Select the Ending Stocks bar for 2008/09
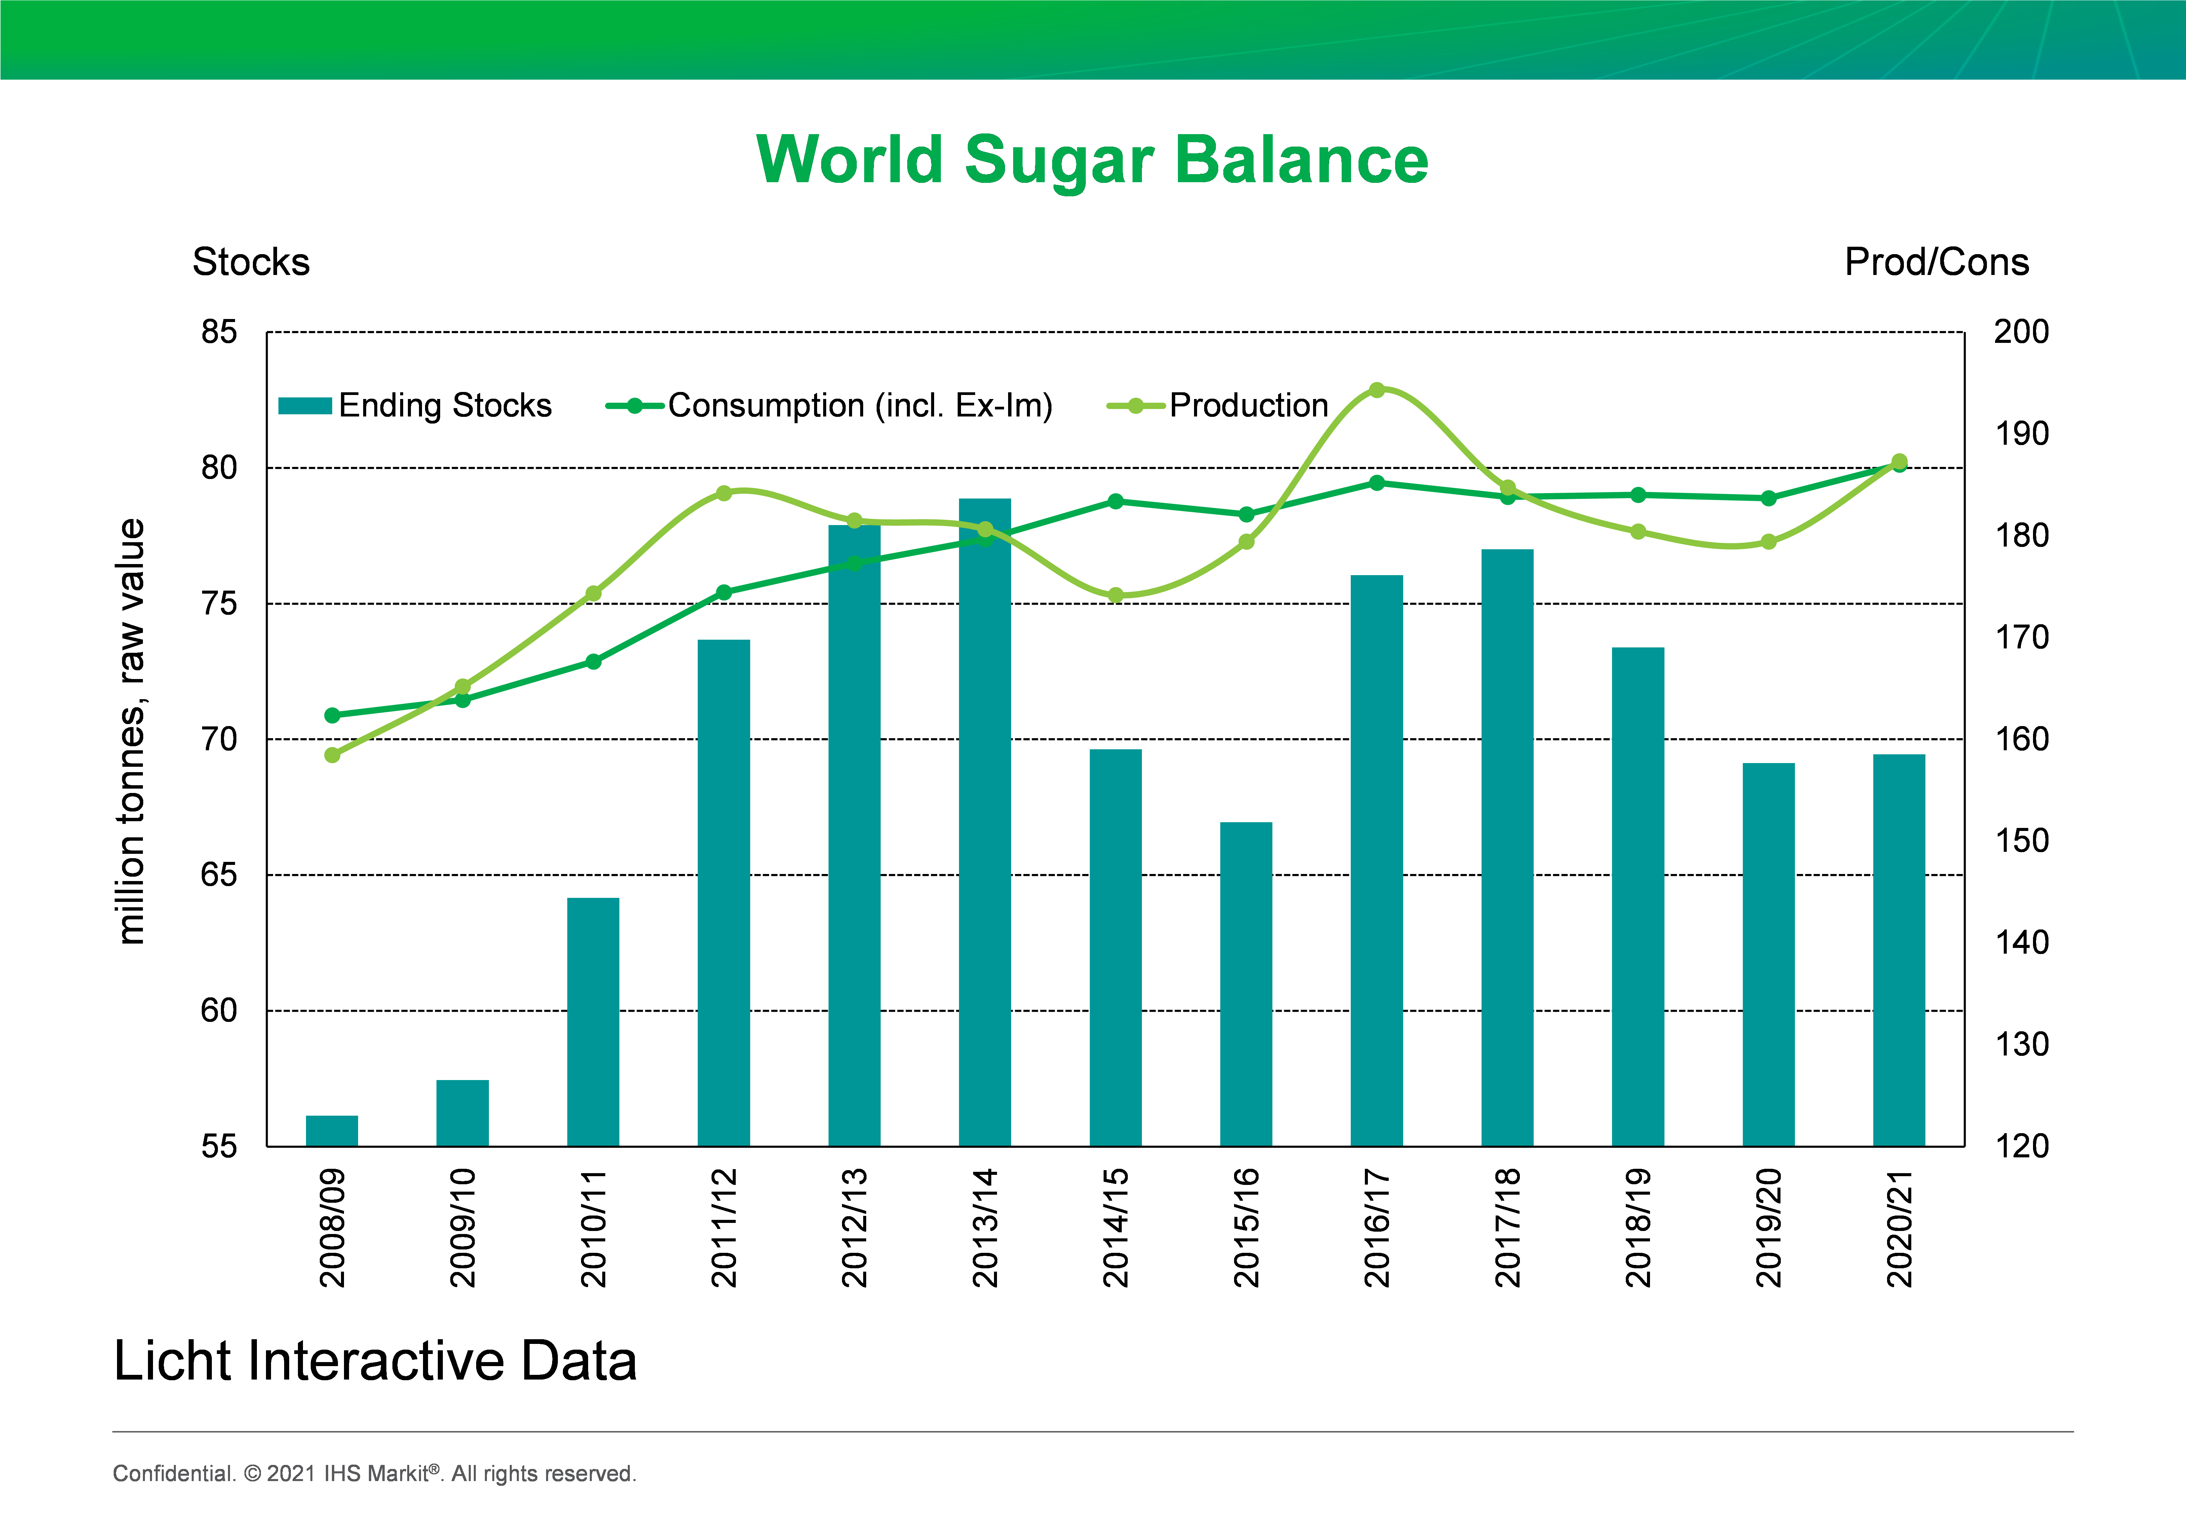point(332,1131)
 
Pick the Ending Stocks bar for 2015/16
point(1246,984)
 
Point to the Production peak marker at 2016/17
point(1377,390)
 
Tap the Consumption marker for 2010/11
point(594,662)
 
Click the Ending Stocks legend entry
point(415,406)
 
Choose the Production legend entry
point(1218,406)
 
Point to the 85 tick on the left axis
point(219,332)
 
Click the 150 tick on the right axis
point(2021,841)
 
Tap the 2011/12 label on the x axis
point(724,1228)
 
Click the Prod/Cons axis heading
point(1936,262)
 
